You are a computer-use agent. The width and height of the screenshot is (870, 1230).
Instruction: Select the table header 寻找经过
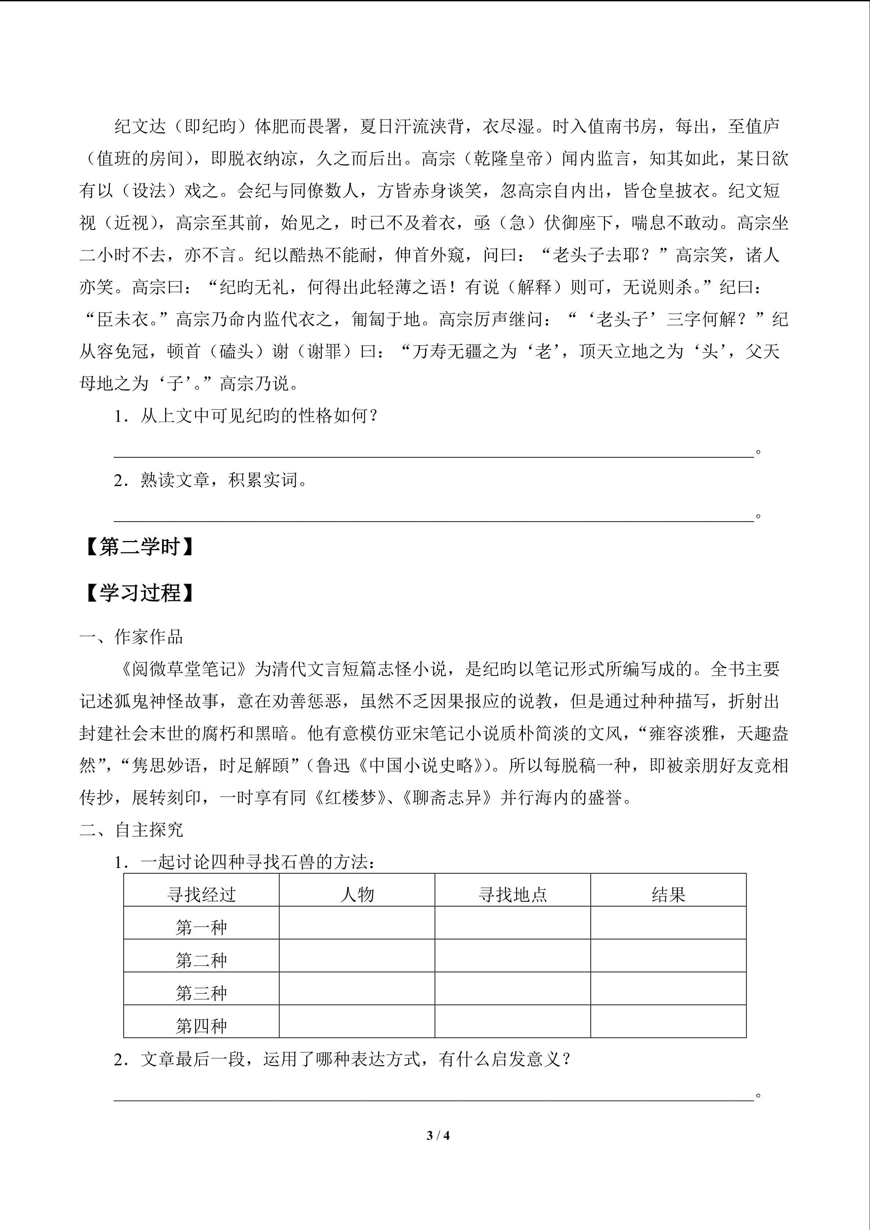click(x=201, y=895)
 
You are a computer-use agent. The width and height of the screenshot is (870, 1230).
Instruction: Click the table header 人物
click(x=357, y=895)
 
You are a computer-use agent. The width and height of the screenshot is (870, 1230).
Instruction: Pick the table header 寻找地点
click(x=513, y=895)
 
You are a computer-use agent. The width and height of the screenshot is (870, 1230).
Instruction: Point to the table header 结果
click(x=668, y=895)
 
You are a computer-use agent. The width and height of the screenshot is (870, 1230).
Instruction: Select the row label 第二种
click(x=201, y=960)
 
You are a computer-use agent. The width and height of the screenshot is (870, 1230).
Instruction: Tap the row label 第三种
click(x=201, y=993)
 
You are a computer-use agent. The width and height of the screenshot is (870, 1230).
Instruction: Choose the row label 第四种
click(x=201, y=1026)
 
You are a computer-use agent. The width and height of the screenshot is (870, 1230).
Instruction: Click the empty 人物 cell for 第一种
click(x=357, y=923)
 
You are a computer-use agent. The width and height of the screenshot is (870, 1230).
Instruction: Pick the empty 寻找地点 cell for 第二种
click(x=513, y=956)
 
